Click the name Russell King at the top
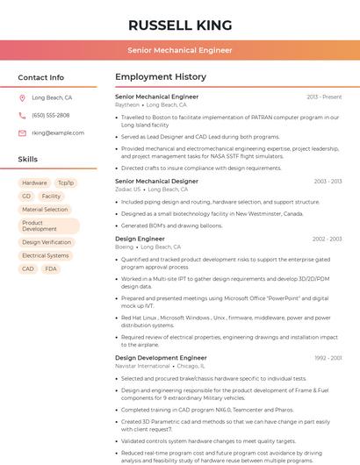[x=180, y=25]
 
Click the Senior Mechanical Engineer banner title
[x=180, y=50]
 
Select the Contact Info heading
[x=41, y=77]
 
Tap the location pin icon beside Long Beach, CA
[x=22, y=98]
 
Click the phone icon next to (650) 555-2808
[x=22, y=116]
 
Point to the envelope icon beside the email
[x=22, y=133]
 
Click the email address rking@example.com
[x=58, y=133]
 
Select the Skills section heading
[x=28, y=160]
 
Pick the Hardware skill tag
[x=34, y=182]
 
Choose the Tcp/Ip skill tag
[x=66, y=182]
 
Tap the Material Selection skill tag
[x=45, y=210]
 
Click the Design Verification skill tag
[x=47, y=242]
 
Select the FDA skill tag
[x=51, y=268]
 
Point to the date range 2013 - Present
[x=324, y=97]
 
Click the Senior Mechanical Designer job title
[x=156, y=182]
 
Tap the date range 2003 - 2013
[x=328, y=182]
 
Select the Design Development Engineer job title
[x=161, y=358]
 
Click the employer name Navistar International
[x=142, y=366]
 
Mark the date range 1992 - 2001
[x=328, y=358]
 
